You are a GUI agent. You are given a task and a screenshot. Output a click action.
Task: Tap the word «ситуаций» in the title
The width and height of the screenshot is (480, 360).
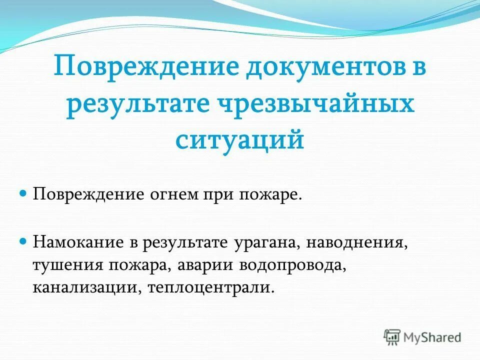[240, 139]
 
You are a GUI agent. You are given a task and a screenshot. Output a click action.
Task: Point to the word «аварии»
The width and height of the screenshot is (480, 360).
[206, 265]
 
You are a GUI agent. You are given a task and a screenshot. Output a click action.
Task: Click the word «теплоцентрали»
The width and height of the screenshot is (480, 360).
[211, 288]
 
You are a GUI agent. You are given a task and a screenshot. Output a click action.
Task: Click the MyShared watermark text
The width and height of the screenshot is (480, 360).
[432, 337]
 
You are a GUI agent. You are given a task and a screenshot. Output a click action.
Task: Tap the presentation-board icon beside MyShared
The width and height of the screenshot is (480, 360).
[392, 337]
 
